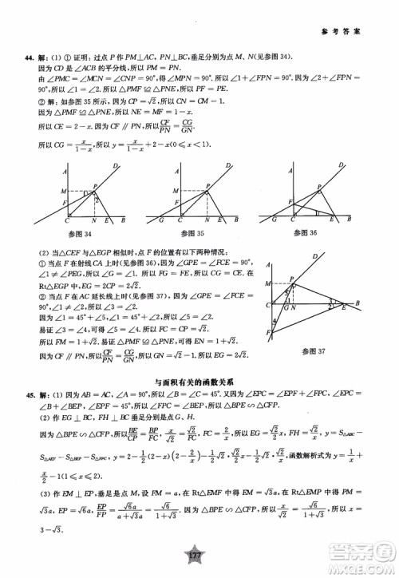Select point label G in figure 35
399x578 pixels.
point(162,220)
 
